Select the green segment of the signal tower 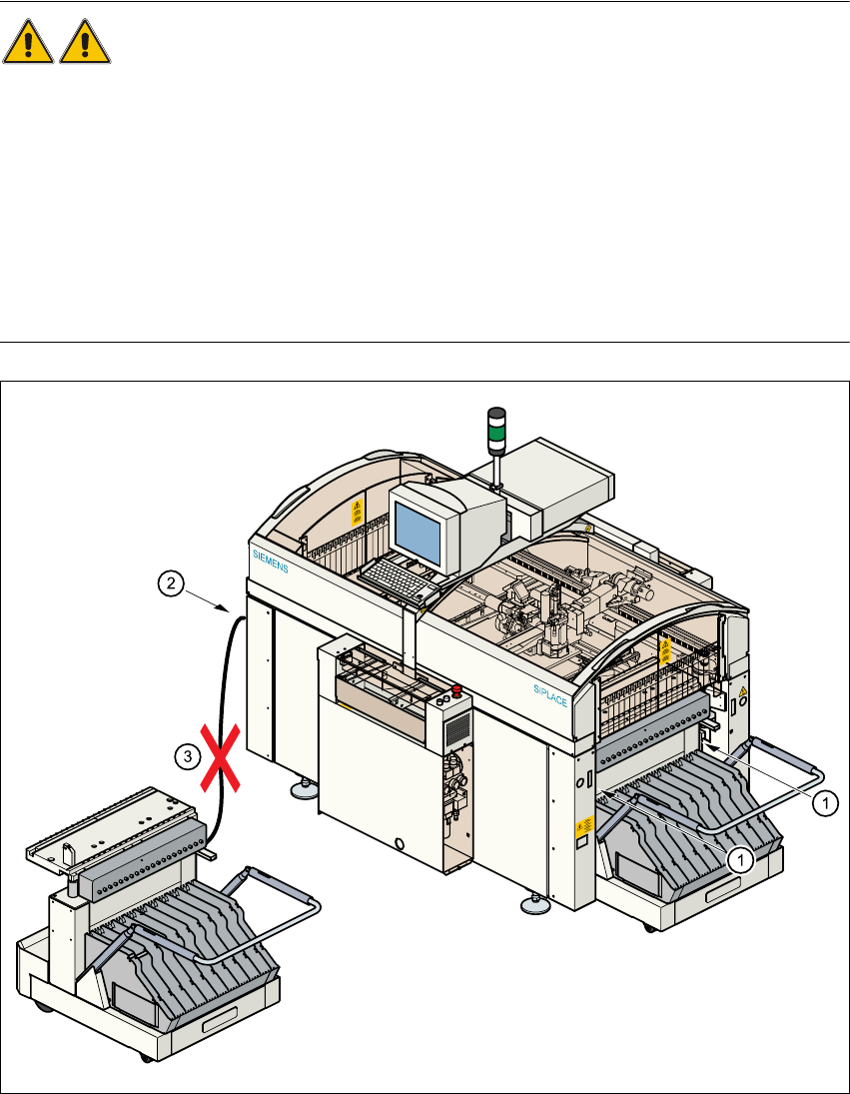pos(496,436)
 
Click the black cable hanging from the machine pos(229,699)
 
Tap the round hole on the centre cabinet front pos(399,844)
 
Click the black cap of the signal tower pos(496,415)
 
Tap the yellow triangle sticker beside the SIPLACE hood pos(741,691)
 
